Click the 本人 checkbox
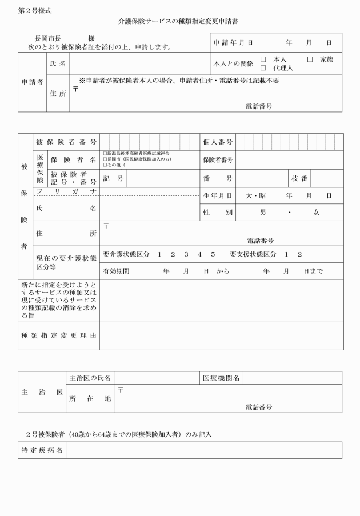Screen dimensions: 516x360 pyautogui.click(x=263, y=59)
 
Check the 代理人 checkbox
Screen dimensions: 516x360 pyautogui.click(x=263, y=68)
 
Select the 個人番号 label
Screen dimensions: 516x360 pyautogui.click(x=218, y=142)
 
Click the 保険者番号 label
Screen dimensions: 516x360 pyautogui.click(x=218, y=160)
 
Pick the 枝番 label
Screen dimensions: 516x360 pyautogui.click(x=300, y=178)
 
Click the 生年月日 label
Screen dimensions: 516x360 pyautogui.click(x=218, y=195)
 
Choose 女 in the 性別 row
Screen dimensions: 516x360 pyautogui.click(x=316, y=213)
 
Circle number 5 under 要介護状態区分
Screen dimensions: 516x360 pyautogui.click(x=213, y=254)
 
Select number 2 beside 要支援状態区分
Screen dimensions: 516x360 pyautogui.click(x=299, y=254)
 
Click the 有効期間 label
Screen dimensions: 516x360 pyautogui.click(x=117, y=271)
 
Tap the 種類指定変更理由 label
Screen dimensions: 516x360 pyautogui.click(x=59, y=335)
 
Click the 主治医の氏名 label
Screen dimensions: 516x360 pyautogui.click(x=90, y=378)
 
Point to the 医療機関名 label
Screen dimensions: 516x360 pyautogui.click(x=221, y=378)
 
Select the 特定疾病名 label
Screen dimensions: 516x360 pyautogui.click(x=42, y=450)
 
